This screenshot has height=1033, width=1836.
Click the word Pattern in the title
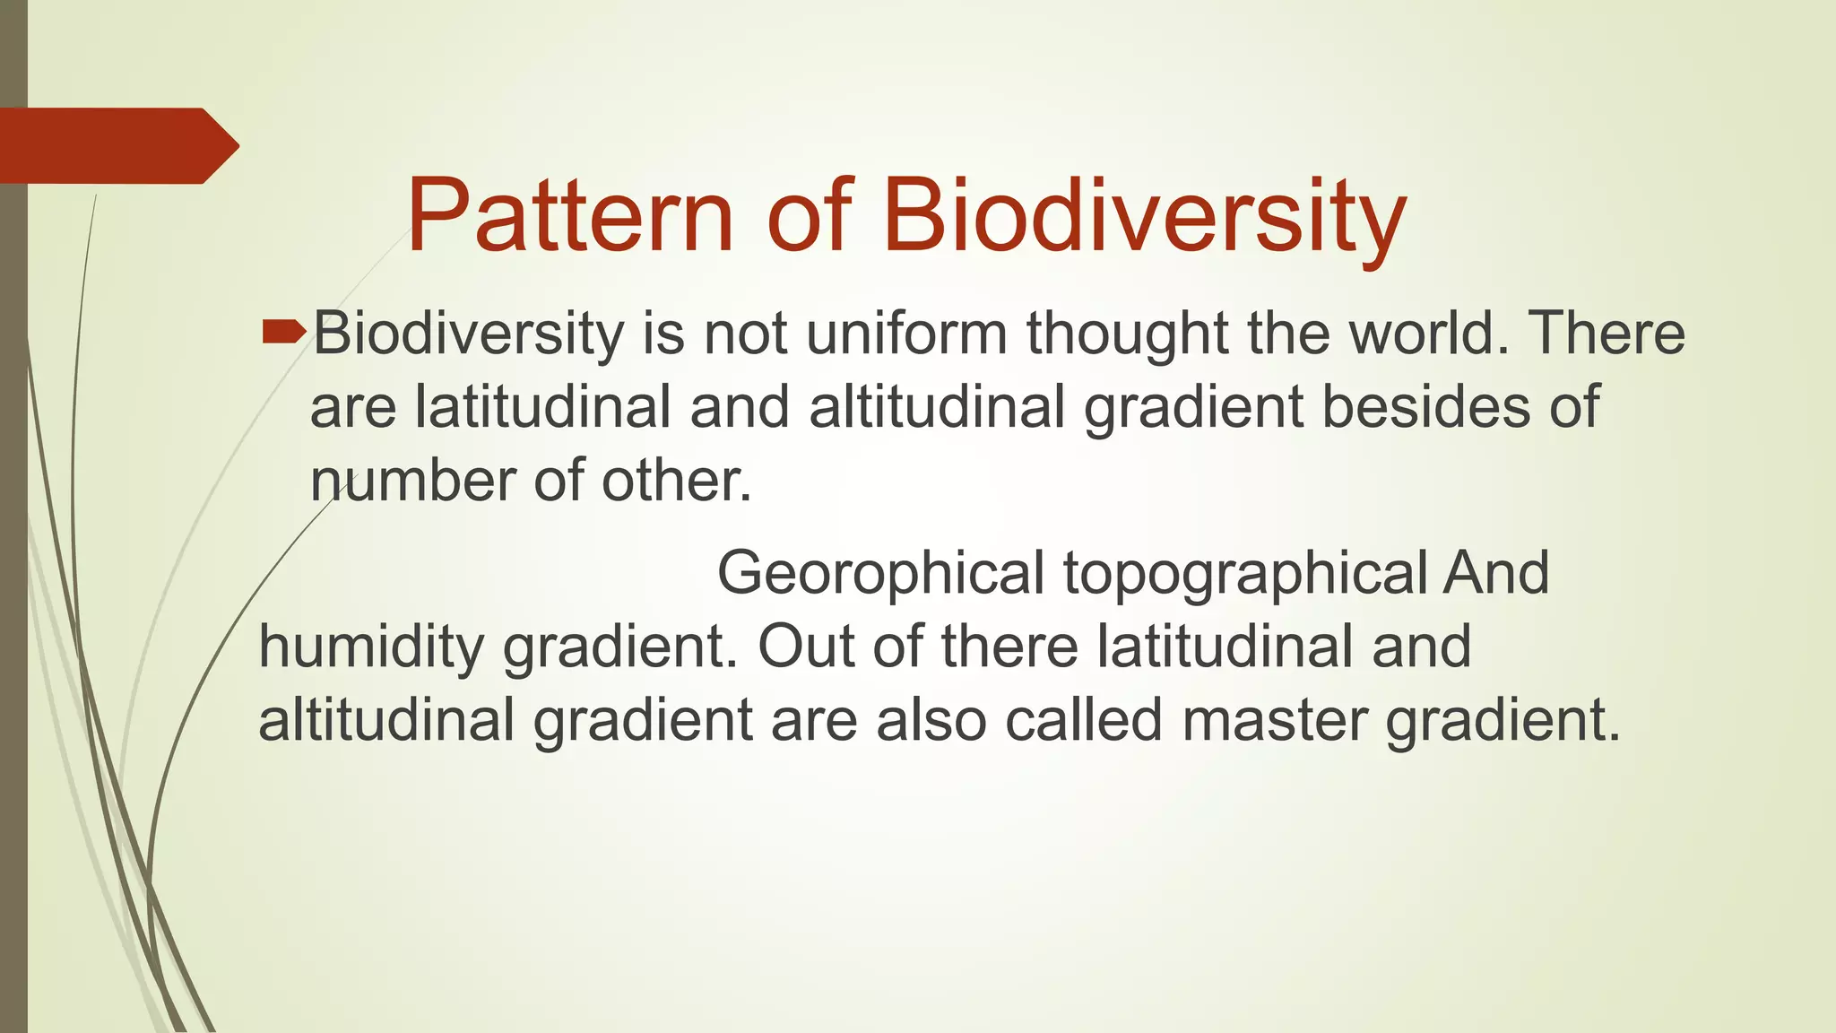(570, 216)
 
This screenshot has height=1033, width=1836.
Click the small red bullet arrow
(283, 334)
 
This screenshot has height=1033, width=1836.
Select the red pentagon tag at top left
(117, 146)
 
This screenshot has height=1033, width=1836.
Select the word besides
(1427, 407)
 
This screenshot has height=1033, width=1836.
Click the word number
(413, 481)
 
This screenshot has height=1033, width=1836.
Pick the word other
(676, 481)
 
